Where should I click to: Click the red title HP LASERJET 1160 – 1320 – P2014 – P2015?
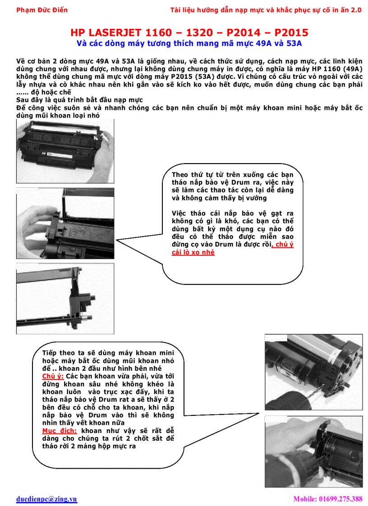pyautogui.click(x=189, y=33)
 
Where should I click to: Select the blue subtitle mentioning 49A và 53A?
pyautogui.click(x=189, y=44)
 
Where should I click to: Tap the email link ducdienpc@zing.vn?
pyautogui.click(x=46, y=499)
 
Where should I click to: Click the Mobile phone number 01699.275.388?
pyautogui.click(x=327, y=499)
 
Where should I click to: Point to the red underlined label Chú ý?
pyautogui.click(x=53, y=376)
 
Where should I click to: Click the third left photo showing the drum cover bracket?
pyautogui.click(x=65, y=297)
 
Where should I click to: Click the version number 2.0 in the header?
pyautogui.click(x=356, y=10)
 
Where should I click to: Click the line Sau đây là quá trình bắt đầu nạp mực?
pyautogui.click(x=79, y=100)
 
